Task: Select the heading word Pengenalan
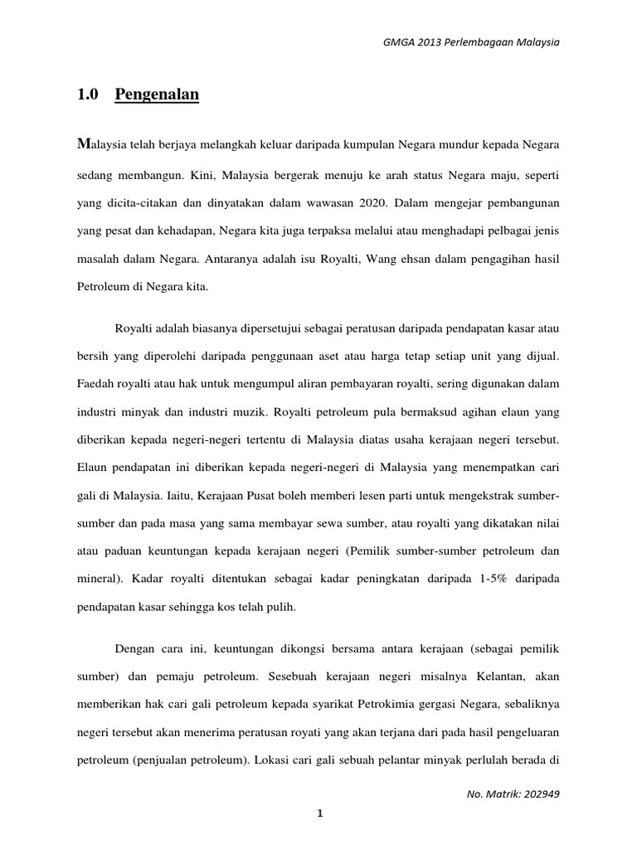pyautogui.click(x=157, y=95)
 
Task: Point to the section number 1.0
pyautogui.click(x=87, y=95)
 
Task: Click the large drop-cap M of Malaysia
pyautogui.click(x=81, y=143)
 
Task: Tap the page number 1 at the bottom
pyautogui.click(x=318, y=814)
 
